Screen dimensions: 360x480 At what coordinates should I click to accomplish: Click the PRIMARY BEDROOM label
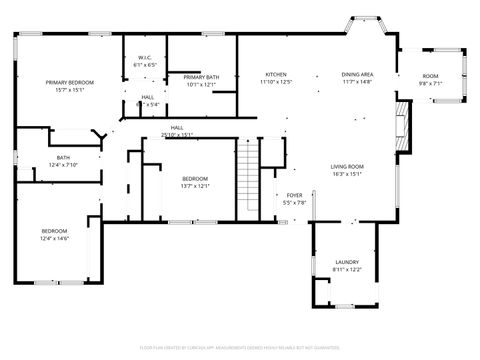click(x=69, y=81)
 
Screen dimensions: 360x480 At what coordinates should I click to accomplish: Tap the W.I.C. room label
click(x=144, y=58)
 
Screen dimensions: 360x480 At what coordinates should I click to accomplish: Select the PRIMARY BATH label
click(x=201, y=77)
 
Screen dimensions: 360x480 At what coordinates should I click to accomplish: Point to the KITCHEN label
click(x=276, y=74)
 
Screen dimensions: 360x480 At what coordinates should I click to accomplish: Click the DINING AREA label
click(x=357, y=74)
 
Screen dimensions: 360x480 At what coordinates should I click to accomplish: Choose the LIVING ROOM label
click(x=347, y=166)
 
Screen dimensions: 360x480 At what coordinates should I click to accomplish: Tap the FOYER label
click(x=294, y=195)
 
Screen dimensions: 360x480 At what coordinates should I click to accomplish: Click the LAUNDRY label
click(x=347, y=262)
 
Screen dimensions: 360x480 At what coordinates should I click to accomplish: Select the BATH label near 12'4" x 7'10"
click(x=63, y=157)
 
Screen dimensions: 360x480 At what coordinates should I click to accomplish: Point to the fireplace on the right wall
click(x=402, y=127)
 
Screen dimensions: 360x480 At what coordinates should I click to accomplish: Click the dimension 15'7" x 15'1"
click(x=69, y=89)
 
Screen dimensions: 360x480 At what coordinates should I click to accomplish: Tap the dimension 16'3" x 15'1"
click(x=347, y=174)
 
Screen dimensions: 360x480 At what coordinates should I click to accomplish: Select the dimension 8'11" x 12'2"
click(x=347, y=270)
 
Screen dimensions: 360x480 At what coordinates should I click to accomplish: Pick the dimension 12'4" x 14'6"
click(x=54, y=238)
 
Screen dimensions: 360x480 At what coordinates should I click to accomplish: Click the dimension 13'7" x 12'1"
click(x=194, y=186)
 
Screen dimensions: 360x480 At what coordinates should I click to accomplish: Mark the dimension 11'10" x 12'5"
click(x=276, y=82)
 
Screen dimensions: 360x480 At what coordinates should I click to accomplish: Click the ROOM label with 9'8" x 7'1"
click(x=430, y=77)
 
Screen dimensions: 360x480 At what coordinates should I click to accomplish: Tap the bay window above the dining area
click(x=362, y=22)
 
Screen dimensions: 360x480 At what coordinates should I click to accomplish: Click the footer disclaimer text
click(x=240, y=350)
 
